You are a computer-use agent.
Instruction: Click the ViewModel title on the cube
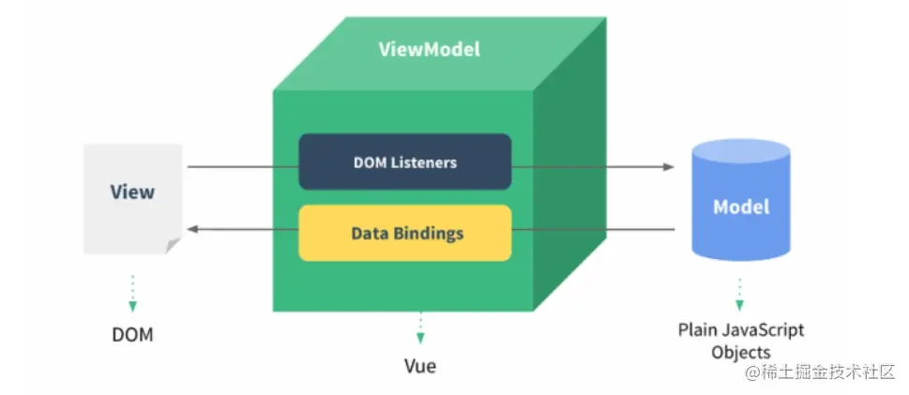coord(429,49)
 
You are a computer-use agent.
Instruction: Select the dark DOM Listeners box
coord(405,161)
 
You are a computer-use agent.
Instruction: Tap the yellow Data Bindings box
coord(405,233)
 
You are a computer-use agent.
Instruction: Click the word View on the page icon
coord(132,192)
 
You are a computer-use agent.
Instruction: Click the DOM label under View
coord(132,334)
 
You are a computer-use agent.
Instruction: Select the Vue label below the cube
coord(419,365)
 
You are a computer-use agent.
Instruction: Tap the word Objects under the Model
coord(740,353)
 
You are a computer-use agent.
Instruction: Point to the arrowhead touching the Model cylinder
coord(669,167)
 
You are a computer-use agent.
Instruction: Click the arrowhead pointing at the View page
coord(191,229)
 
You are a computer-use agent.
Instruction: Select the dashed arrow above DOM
coord(132,292)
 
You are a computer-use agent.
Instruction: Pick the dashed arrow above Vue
coord(419,328)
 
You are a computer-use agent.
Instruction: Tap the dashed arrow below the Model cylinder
coord(740,293)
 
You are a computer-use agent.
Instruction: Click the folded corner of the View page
coord(173,246)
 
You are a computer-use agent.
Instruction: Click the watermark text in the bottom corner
coord(821,373)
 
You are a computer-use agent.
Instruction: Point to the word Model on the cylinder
coord(741,207)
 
